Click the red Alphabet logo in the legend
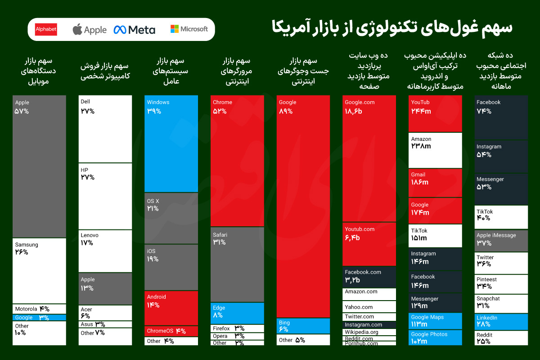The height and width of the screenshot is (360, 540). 46,30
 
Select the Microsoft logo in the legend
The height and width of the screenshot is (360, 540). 189,29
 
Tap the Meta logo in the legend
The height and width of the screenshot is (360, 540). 134,30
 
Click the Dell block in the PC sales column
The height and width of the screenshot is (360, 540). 105,129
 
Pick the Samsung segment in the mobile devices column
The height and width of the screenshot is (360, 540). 39,270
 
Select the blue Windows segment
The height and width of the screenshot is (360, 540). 171,144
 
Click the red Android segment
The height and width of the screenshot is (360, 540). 171,308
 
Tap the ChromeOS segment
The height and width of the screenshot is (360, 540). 171,331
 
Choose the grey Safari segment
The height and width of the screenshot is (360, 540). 237,264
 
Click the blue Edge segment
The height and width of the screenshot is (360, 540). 237,313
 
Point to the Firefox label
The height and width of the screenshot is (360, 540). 221,328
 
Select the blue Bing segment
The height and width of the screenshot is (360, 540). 303,326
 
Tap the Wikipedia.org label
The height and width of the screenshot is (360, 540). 361,332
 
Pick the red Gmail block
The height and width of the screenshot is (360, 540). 435,183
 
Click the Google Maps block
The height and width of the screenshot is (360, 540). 435,321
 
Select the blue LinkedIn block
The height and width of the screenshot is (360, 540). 501,322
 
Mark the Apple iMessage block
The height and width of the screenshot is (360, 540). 501,241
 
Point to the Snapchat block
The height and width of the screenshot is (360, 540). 501,303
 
